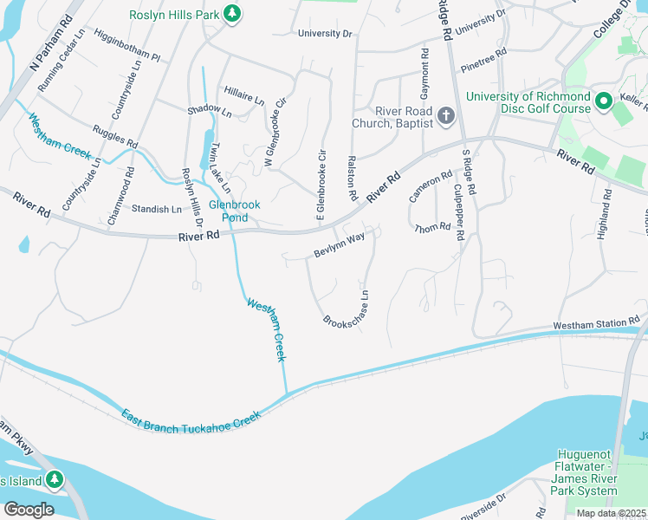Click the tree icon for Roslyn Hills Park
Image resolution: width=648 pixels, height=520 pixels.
pos(231,13)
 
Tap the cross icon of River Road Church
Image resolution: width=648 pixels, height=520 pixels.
pos(445,116)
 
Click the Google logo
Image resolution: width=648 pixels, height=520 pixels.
pos(29,509)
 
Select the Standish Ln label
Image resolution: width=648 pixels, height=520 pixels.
pos(157,209)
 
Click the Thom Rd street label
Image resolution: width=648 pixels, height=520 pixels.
pos(432,227)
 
